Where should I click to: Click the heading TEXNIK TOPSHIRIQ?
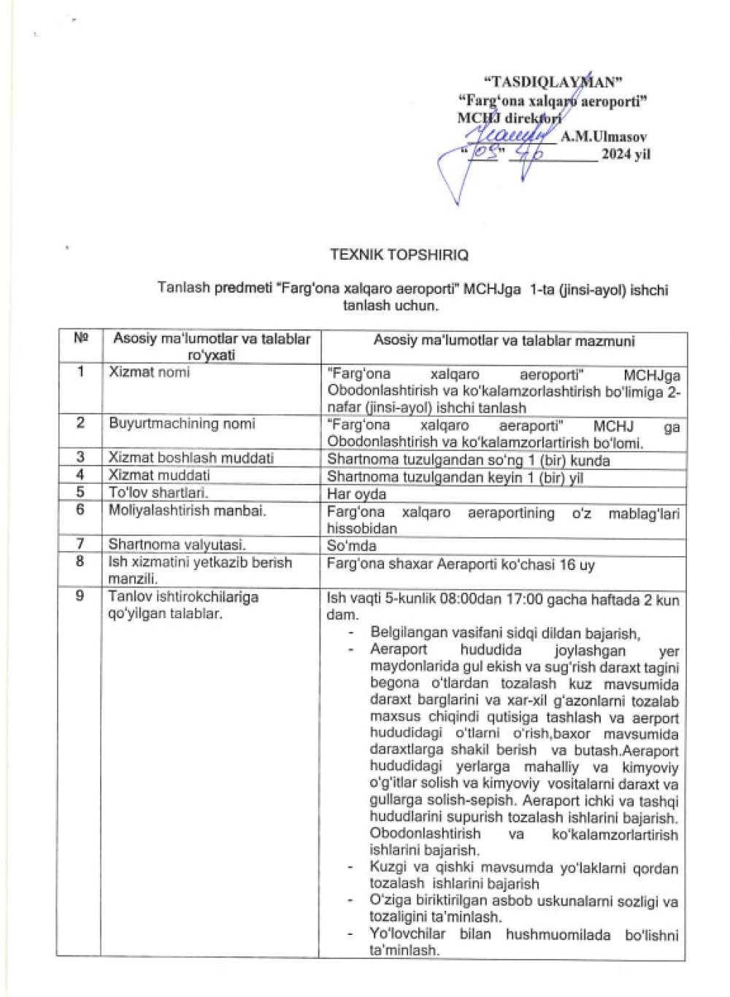399,255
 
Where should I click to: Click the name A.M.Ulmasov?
603,136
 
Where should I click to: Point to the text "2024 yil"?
626,154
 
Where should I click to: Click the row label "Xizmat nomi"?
149,372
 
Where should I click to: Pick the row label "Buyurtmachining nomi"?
182,423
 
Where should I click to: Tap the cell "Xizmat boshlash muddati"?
191,458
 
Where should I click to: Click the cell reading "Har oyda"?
356,493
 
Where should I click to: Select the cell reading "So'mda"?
351,545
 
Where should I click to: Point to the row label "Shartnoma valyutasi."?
177,544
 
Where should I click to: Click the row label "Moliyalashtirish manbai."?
187,510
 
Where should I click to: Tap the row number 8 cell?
80,561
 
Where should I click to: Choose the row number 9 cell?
80,596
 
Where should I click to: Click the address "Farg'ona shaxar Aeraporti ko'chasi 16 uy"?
450,564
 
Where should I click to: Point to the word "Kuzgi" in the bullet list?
388,868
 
